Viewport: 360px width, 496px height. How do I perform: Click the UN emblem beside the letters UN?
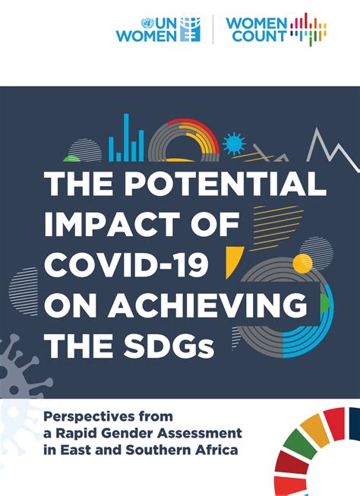[x=147, y=24]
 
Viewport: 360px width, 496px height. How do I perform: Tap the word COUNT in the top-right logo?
[x=259, y=36]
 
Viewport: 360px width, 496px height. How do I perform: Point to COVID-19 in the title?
[x=126, y=264]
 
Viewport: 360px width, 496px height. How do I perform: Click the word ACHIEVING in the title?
[x=207, y=305]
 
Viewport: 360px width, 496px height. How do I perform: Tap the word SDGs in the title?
[x=169, y=345]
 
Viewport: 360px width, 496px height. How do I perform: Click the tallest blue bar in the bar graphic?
[x=126, y=137]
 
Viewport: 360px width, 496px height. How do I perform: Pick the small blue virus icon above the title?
[x=234, y=144]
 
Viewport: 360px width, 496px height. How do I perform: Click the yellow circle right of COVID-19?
[x=302, y=263]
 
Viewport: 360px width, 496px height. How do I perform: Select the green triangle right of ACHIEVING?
[x=324, y=303]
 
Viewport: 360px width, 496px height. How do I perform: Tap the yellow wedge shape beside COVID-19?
[x=232, y=261]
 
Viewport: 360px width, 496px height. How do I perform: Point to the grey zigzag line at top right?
[x=332, y=150]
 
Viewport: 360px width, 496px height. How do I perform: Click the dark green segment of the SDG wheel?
[x=299, y=444]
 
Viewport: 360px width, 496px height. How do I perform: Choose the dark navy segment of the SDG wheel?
[x=355, y=423]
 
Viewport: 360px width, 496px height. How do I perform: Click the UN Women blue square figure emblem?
[x=190, y=30]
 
